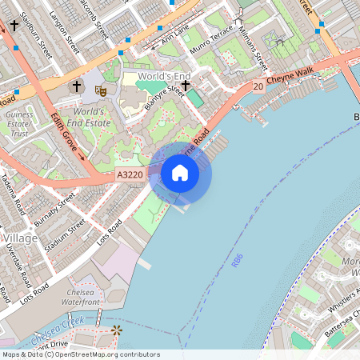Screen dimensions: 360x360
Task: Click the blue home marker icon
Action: tap(180, 173)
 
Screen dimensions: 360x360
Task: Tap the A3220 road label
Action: tap(130, 174)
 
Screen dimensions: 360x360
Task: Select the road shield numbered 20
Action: tap(258, 86)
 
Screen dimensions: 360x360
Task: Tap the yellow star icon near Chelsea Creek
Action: tap(118, 330)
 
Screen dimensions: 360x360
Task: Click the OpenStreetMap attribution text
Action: tap(80, 354)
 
